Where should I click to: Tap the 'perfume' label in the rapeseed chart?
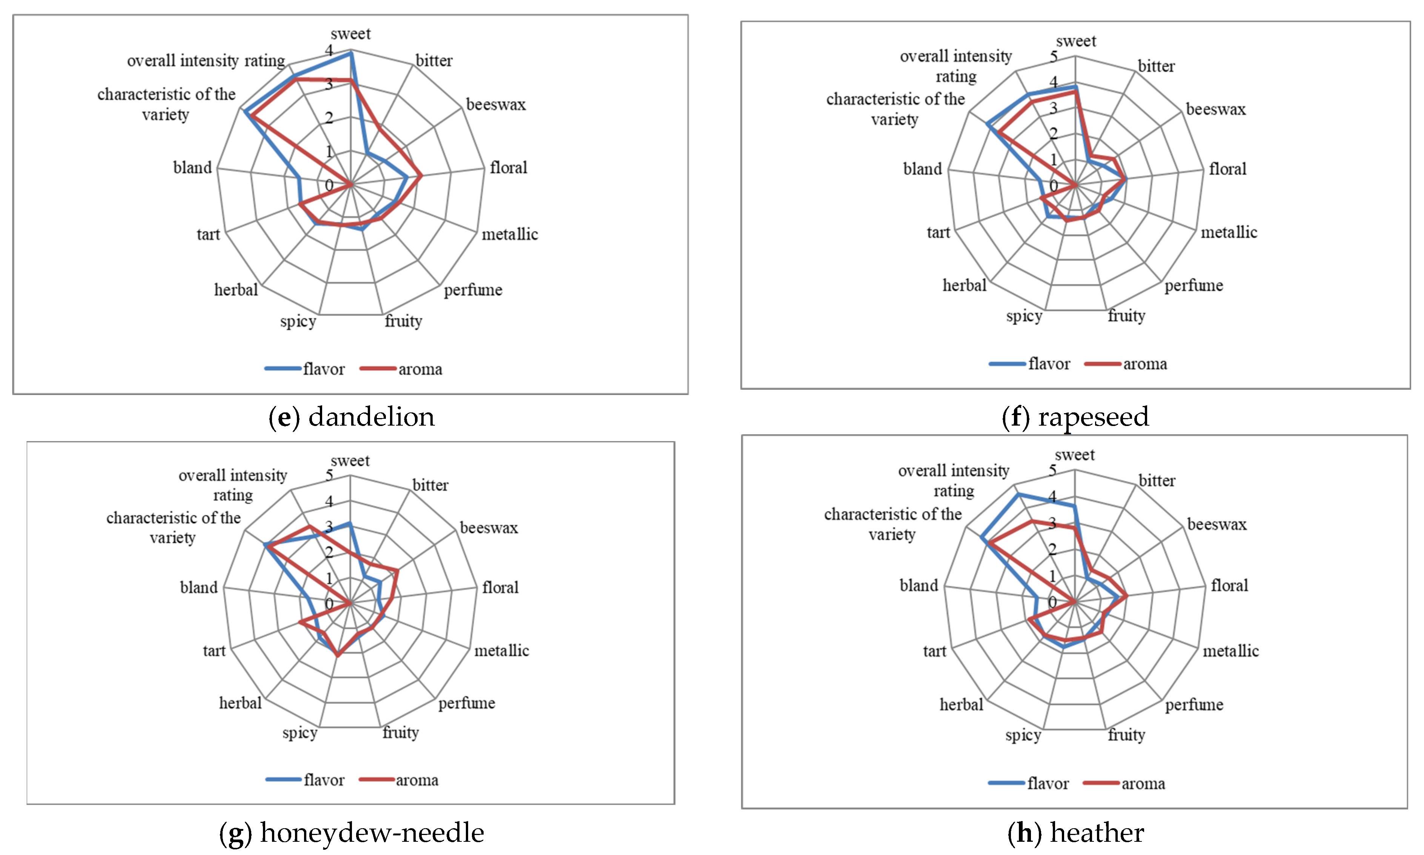coord(1193,285)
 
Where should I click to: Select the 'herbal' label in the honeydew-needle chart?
coord(240,703)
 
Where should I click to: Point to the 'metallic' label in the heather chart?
coord(1230,651)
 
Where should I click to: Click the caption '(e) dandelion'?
coord(351,417)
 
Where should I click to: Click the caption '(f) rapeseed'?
coord(1075,417)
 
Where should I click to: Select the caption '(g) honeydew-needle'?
coord(351,832)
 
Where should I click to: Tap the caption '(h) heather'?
coord(1075,832)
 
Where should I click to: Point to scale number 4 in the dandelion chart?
coord(329,50)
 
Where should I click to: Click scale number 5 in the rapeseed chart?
coord(1053,57)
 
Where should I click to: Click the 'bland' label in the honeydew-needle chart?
coord(199,587)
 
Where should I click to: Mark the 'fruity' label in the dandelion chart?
coord(403,321)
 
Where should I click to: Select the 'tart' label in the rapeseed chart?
coord(938,233)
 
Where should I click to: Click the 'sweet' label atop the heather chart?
coord(1074,455)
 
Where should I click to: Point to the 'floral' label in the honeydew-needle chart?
coord(500,587)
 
